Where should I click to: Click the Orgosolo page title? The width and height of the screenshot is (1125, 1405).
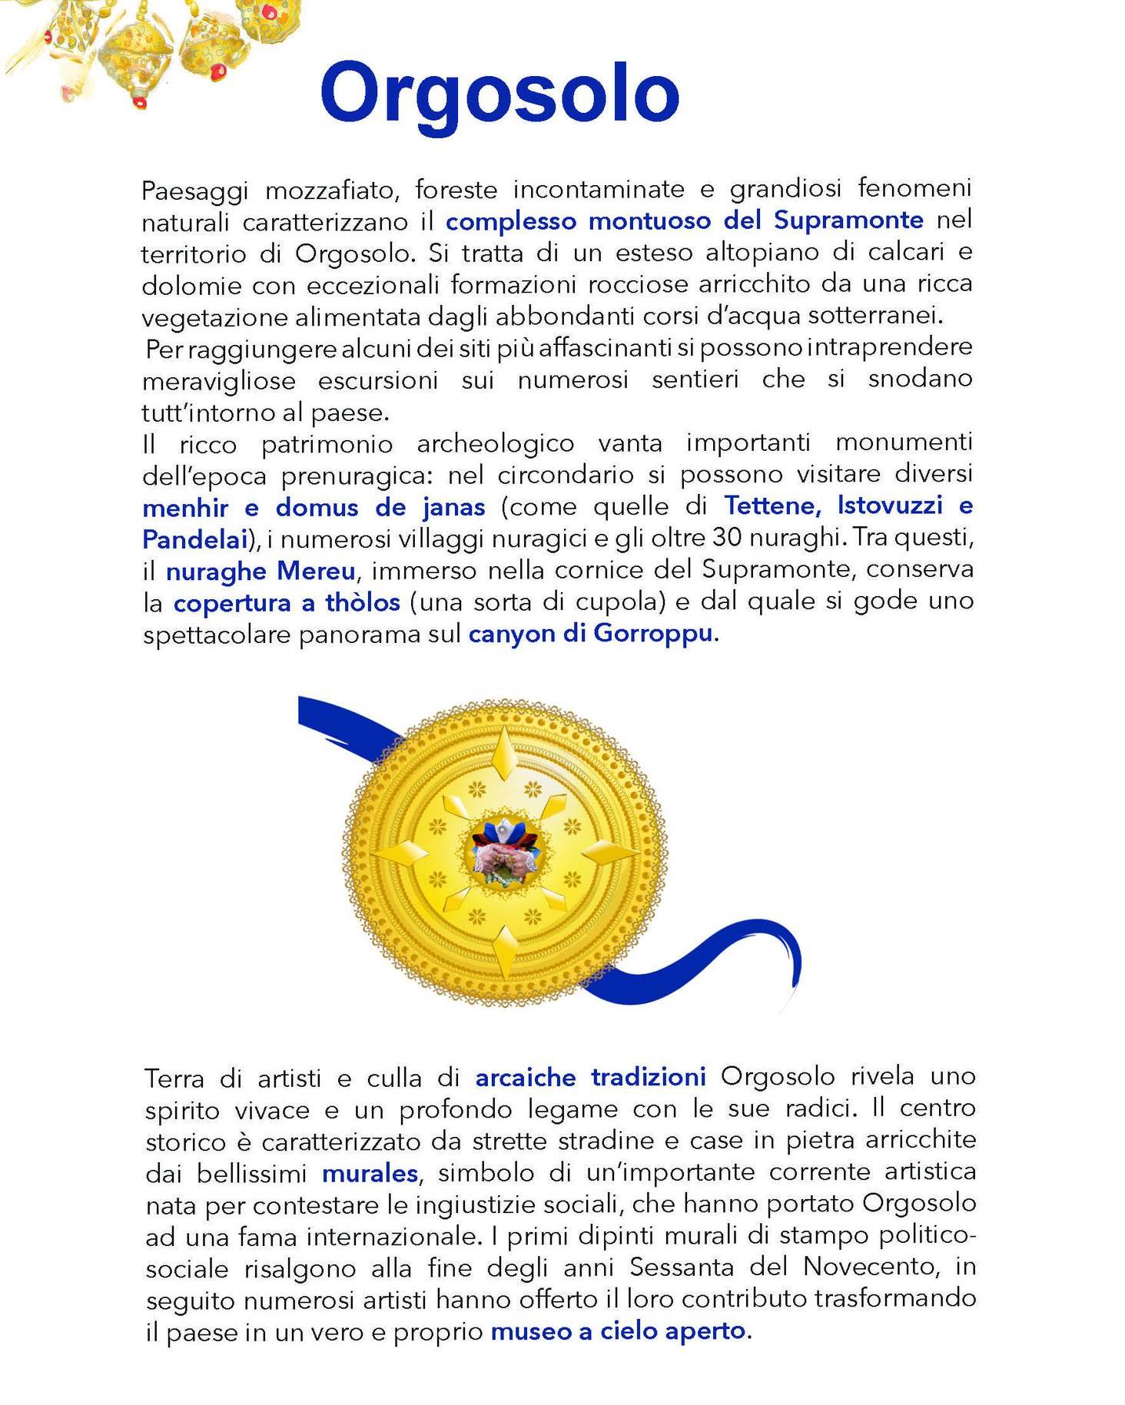coord(499,94)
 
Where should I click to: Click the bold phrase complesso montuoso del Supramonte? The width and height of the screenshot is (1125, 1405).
coord(684,220)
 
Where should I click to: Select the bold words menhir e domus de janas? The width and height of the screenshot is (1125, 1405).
coord(314,508)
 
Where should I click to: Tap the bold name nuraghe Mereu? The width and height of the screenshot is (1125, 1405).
coord(261,572)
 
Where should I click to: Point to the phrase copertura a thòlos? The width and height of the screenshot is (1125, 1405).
coord(287,603)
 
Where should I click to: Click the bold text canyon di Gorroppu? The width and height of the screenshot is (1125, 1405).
coord(591,635)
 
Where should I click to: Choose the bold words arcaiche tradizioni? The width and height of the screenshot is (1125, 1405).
coord(590,1077)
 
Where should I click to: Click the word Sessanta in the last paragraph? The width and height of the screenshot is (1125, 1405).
coord(682,1267)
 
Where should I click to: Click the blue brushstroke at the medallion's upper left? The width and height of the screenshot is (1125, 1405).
coord(338,718)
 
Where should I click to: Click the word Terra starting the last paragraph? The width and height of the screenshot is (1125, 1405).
coord(175,1079)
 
